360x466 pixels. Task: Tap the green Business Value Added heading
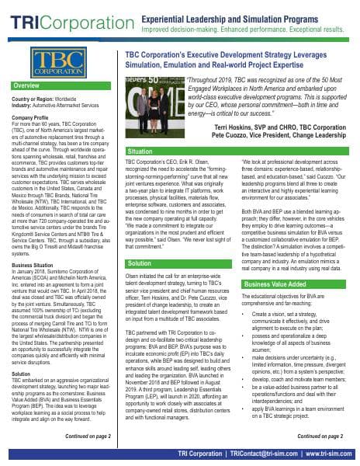275,284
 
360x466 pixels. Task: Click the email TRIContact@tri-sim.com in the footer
257,454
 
